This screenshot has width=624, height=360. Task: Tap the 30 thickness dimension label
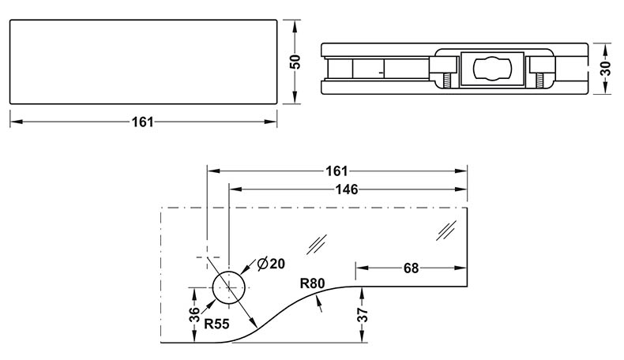pos(606,67)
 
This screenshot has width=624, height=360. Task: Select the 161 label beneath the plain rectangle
pos(143,122)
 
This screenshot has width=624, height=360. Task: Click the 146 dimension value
pos(347,189)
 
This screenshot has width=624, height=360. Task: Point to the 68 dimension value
pos(411,268)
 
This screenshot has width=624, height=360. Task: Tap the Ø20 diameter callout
pos(269,264)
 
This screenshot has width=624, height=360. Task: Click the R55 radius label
pos(216,323)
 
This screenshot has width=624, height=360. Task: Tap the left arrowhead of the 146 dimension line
pos(234,189)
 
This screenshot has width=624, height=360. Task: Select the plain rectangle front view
pos(143,62)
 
